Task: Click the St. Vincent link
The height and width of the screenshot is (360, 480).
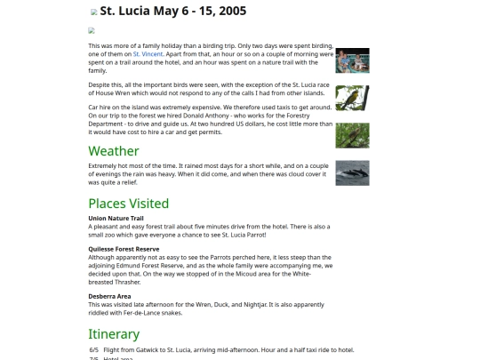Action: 148,54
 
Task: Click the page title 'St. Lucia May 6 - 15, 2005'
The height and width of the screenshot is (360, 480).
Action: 172,12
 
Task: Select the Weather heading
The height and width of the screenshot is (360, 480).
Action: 113,151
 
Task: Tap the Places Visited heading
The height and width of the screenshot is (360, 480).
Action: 128,204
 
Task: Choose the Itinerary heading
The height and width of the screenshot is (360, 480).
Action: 114,334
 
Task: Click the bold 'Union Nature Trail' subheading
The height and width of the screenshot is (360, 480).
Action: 116,218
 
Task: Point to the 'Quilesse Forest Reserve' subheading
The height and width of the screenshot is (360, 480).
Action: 124,249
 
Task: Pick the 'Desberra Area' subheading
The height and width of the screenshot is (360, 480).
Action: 109,296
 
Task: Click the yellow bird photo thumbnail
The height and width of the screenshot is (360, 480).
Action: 352,98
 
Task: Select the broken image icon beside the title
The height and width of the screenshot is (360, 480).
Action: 94,12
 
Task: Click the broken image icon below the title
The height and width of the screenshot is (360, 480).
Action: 92,30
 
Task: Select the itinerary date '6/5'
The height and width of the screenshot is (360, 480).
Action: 93,350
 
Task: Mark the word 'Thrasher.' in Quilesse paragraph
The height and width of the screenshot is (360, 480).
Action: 129,281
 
